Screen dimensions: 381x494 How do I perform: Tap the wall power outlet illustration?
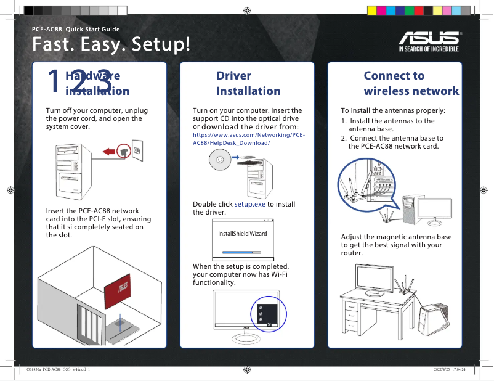click(136, 151)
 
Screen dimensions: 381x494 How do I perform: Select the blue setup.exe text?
click(249, 204)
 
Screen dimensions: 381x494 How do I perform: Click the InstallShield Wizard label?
click(242, 234)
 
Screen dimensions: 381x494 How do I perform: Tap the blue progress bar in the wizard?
click(237, 252)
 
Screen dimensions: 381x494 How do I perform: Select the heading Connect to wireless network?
click(411, 83)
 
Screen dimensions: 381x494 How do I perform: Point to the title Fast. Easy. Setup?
click(111, 45)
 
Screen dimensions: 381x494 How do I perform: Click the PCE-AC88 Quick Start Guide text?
click(76, 29)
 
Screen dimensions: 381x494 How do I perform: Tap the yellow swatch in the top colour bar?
click(371, 10)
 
